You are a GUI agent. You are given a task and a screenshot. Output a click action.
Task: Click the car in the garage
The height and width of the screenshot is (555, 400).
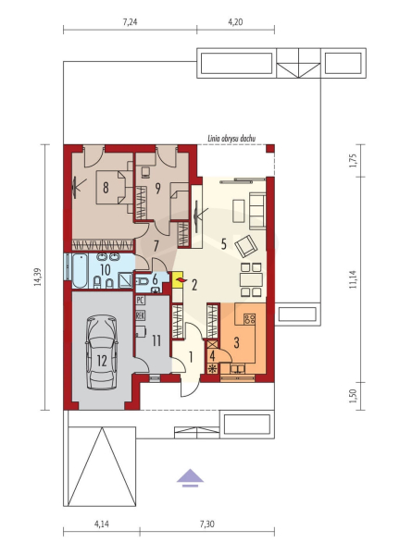[102, 353]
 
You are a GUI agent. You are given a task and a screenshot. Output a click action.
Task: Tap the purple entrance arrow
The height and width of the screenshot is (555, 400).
[190, 478]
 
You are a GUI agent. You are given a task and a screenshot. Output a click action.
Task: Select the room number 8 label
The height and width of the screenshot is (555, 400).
[106, 188]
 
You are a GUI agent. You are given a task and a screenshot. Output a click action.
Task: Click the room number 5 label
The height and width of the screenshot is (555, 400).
[223, 244]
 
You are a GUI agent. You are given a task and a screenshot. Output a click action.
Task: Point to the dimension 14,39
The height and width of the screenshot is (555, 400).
[38, 277]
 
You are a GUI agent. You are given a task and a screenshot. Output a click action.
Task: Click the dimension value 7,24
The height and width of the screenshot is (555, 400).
[130, 22]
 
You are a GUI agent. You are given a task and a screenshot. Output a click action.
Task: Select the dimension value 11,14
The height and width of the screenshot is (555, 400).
[353, 279]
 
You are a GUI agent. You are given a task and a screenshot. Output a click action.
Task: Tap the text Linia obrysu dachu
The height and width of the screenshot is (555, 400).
[232, 139]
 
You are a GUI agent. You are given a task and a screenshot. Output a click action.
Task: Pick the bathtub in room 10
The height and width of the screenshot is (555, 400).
[80, 270]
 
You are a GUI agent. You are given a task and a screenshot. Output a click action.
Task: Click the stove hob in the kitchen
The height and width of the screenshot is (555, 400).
[249, 319]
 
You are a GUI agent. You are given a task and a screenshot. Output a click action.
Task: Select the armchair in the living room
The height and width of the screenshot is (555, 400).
[246, 245]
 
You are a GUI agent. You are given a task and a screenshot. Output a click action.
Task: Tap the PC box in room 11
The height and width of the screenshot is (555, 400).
[140, 300]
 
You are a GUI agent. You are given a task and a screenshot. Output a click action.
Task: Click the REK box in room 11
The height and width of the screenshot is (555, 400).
[140, 315]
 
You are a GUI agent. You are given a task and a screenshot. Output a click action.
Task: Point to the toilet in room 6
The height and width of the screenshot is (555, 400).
[142, 282]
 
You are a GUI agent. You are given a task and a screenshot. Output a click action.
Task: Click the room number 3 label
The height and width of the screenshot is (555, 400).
[236, 342]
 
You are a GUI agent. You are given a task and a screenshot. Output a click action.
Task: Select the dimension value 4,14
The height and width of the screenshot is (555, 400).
[102, 524]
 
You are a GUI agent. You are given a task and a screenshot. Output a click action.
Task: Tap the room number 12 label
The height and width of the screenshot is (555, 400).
[102, 361]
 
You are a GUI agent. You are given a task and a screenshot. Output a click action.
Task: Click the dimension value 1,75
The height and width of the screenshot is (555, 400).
[353, 161]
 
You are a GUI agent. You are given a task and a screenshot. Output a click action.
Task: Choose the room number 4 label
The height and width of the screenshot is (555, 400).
[212, 355]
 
